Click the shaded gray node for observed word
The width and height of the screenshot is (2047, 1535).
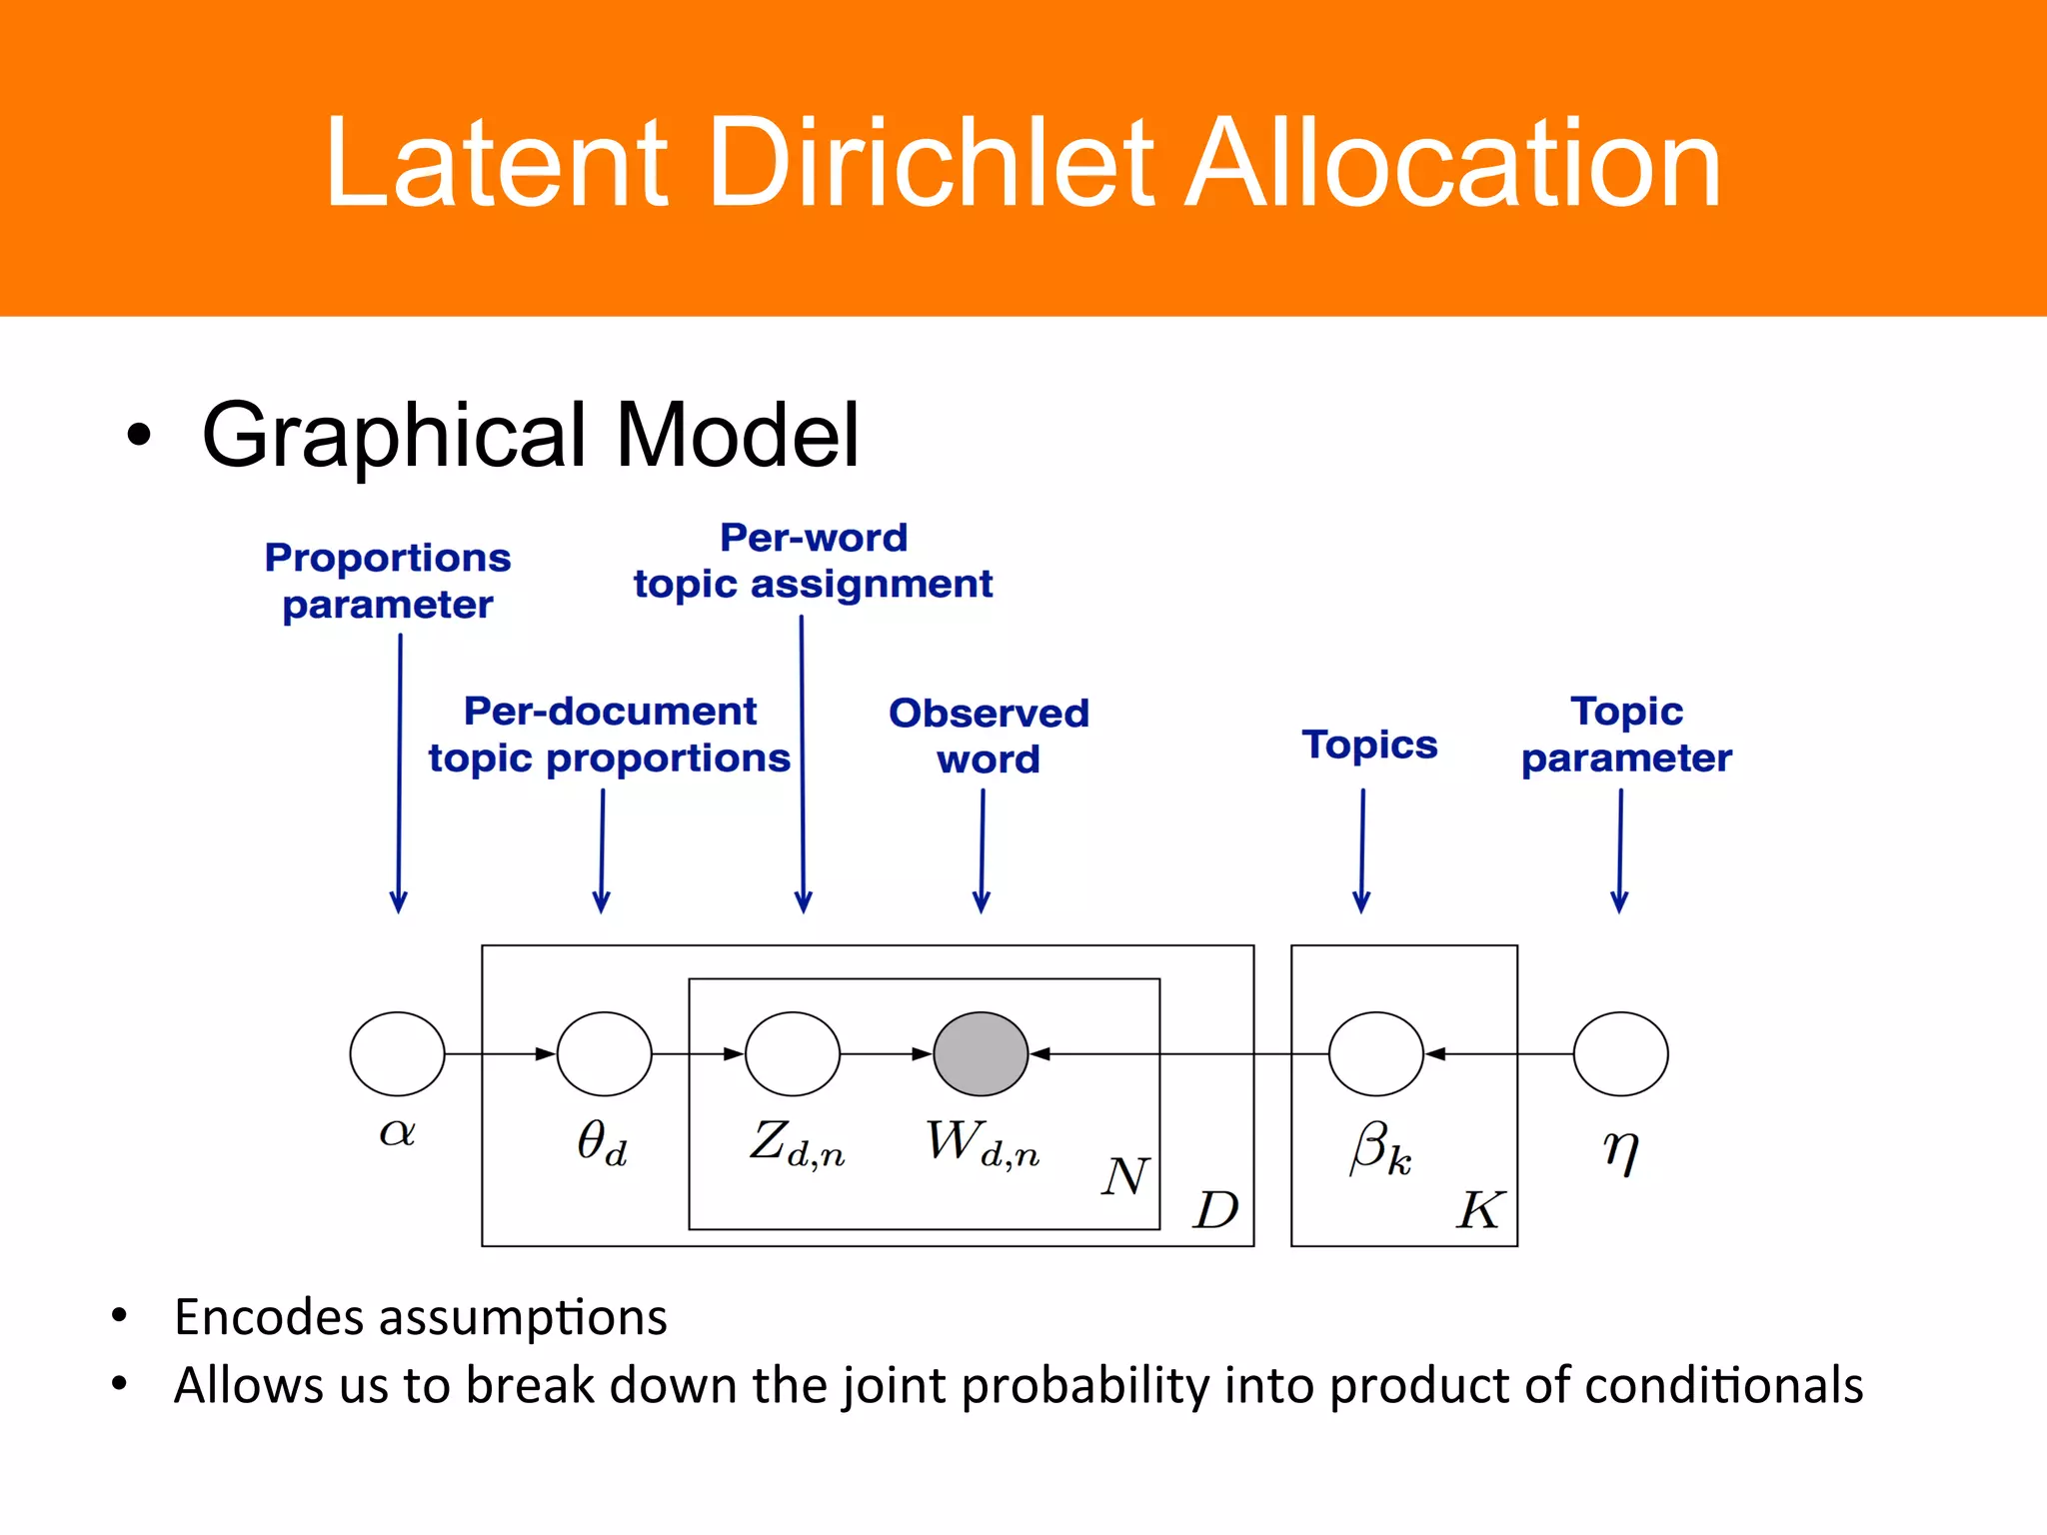(x=981, y=1053)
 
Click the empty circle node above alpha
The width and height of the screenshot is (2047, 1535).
(x=397, y=1053)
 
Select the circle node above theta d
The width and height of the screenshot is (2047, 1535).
(x=604, y=1053)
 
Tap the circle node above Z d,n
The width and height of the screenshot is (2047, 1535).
(x=793, y=1053)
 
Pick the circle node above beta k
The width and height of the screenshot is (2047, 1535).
(x=1375, y=1053)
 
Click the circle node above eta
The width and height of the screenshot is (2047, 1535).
(x=1620, y=1053)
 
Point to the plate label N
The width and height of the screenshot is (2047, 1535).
(x=1125, y=1176)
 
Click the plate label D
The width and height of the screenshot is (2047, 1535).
(x=1216, y=1210)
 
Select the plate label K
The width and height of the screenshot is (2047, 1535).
(x=1479, y=1210)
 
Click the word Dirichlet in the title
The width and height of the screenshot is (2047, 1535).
(x=931, y=163)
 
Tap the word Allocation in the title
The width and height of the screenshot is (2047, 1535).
(x=1452, y=163)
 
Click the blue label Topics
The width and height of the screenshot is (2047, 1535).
(x=1369, y=745)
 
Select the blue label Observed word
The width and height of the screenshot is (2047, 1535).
(x=989, y=736)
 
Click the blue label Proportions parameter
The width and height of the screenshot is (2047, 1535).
(x=388, y=581)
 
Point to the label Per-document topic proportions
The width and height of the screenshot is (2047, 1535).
(x=610, y=735)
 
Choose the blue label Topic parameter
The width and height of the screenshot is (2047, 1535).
(x=1626, y=735)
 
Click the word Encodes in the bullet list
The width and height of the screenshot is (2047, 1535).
(x=268, y=1317)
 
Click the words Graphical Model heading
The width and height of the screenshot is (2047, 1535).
(x=530, y=435)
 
